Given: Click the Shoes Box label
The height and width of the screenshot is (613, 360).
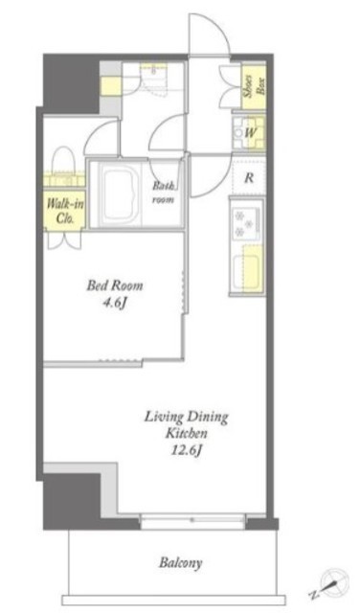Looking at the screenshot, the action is (x=256, y=87).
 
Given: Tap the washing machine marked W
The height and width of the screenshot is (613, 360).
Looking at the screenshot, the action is (x=249, y=133).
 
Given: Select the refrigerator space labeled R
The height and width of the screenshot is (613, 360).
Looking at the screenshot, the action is (x=249, y=178).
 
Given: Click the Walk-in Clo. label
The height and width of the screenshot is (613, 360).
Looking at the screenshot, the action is (x=64, y=211).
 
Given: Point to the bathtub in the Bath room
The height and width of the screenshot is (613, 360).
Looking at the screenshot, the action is (x=120, y=193).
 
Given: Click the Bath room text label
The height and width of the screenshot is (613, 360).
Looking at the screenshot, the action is (x=164, y=193).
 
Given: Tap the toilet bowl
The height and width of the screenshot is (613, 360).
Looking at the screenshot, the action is (x=63, y=160).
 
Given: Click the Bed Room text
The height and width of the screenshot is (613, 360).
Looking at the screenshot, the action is (x=115, y=285).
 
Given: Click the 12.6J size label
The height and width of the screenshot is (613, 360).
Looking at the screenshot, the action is (x=186, y=451).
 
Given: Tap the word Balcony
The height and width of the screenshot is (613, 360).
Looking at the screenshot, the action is (x=181, y=563).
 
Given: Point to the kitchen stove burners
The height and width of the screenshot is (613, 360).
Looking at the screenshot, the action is (x=243, y=223).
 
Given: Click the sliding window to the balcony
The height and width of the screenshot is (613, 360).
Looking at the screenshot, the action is (x=192, y=521).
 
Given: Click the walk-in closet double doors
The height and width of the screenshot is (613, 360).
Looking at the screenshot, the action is (x=64, y=239).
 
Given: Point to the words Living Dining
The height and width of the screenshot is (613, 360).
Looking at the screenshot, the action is (x=186, y=417).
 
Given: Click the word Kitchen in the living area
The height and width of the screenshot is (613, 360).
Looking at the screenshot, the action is (x=186, y=434).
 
